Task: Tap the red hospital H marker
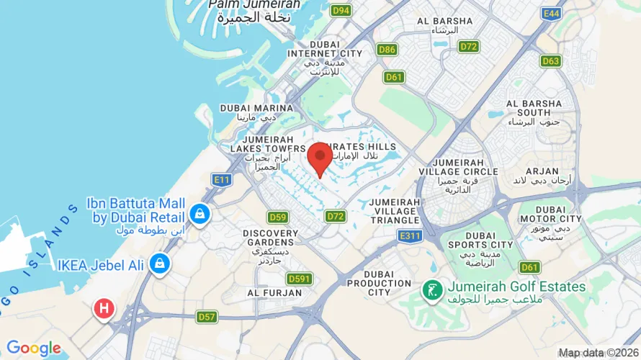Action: point(104,309)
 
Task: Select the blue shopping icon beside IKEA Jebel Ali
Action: point(158,264)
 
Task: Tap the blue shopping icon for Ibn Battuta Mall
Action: point(200,214)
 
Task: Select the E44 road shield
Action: point(552,14)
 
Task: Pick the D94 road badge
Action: point(341,10)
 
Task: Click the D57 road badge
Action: point(207,316)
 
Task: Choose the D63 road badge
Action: point(550,61)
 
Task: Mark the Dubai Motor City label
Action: point(550,213)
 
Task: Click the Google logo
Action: point(34,348)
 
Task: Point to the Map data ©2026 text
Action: point(599,353)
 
